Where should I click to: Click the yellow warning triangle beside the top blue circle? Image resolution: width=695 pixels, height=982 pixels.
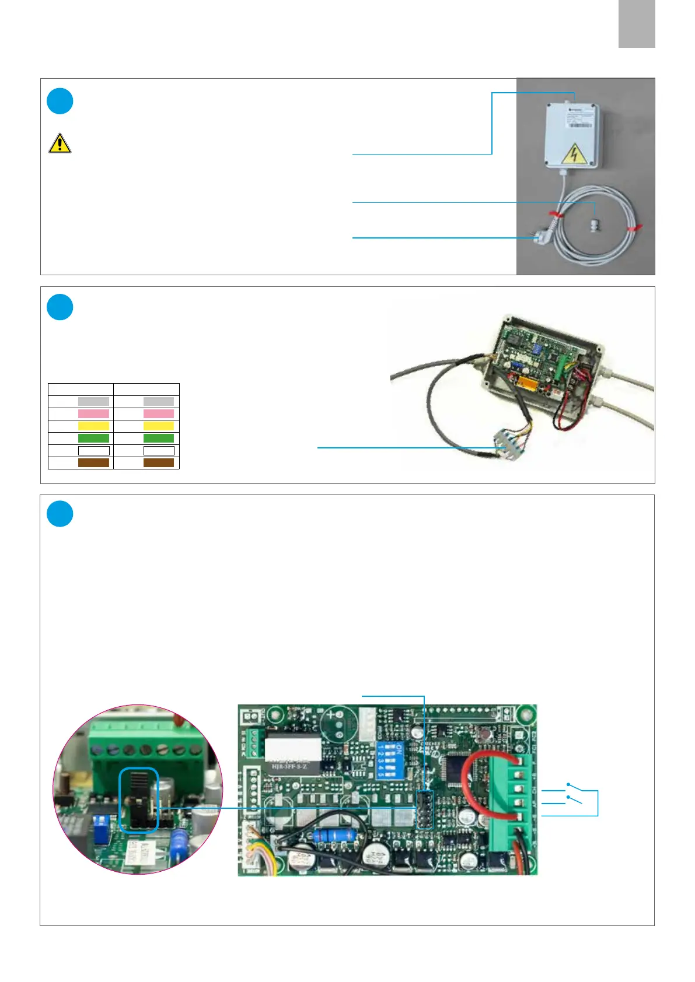tap(60, 143)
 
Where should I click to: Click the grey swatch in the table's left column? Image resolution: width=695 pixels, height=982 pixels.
tap(93, 402)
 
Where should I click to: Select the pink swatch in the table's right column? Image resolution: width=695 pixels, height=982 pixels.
tap(159, 413)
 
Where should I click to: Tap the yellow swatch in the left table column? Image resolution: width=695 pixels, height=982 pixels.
tap(93, 426)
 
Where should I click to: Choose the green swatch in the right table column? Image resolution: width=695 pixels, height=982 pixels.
tap(159, 439)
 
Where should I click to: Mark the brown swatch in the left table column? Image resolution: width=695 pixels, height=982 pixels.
tap(93, 463)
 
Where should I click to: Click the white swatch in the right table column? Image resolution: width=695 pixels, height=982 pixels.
tap(159, 451)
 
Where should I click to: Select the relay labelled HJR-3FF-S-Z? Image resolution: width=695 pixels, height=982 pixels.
tap(293, 753)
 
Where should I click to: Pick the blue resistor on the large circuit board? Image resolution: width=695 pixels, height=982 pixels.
tap(336, 836)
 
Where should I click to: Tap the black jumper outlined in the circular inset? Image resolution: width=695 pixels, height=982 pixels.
tap(138, 799)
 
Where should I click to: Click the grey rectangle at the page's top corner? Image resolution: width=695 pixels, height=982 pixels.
tap(637, 24)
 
